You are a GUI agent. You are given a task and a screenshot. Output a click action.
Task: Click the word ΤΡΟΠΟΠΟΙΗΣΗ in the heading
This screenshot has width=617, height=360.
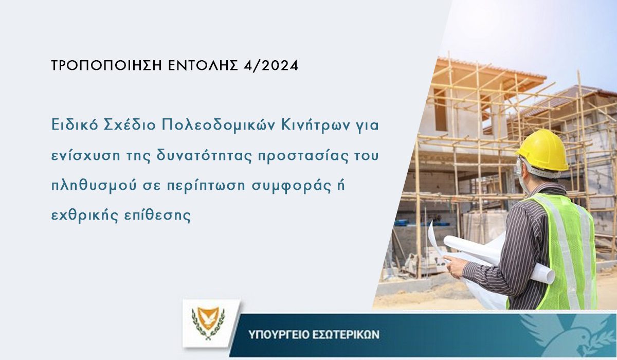(106, 65)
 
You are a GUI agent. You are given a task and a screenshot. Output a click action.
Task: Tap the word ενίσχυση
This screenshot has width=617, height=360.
(86, 156)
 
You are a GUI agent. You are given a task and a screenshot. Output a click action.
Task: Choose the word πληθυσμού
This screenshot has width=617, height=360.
(94, 186)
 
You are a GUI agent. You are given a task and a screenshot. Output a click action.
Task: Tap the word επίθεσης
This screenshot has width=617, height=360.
(157, 215)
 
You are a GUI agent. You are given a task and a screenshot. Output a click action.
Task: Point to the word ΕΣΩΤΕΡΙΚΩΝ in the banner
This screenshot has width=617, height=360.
(346, 335)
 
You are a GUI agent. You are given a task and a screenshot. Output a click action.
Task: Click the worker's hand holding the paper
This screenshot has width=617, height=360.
(456, 266)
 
